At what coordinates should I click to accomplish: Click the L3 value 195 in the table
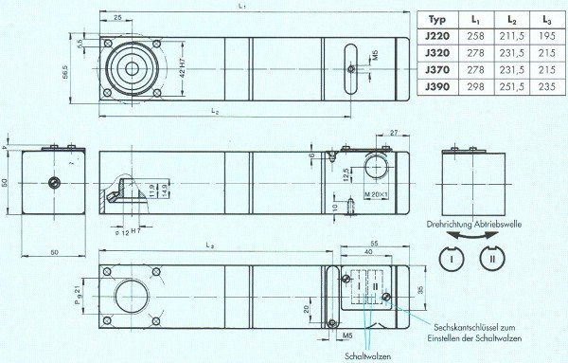(x=548, y=36)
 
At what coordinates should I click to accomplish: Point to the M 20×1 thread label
(x=354, y=195)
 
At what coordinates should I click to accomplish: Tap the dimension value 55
(x=375, y=244)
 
